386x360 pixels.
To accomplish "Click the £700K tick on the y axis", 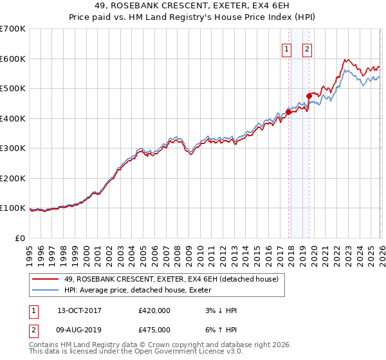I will pos(13,29).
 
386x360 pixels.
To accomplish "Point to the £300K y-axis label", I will pos(13,148).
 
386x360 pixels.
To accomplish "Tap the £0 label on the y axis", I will pos(21,239).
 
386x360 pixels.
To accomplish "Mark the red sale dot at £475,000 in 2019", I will pos(309,96).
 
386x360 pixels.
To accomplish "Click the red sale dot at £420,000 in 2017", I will pos(288,112).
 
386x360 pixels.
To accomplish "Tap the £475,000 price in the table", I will pos(154,330).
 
